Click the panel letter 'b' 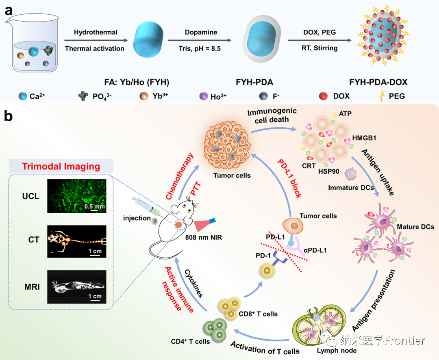9,117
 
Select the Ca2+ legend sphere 23,97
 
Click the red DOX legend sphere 324,97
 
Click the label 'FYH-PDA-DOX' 384,82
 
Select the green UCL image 76,196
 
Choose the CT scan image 76,241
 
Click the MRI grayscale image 76,286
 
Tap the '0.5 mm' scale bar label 94,207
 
